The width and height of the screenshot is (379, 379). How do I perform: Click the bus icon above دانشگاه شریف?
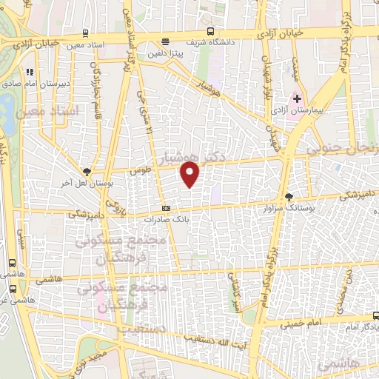(x=211, y=31)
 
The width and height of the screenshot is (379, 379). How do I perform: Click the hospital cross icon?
(x=298, y=98)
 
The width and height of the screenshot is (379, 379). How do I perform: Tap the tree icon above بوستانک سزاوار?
(x=289, y=197)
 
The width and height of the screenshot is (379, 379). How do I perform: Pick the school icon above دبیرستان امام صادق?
(x=30, y=73)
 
